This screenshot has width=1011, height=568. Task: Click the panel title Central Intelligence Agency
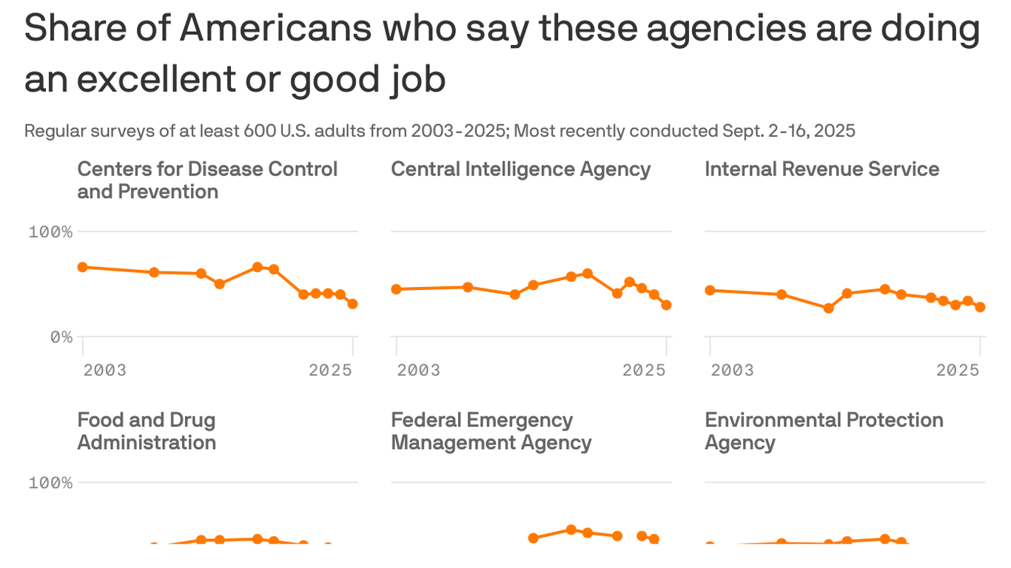(x=520, y=169)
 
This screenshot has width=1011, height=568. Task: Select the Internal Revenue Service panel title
(x=822, y=169)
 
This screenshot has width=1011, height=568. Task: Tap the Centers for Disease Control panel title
(x=207, y=180)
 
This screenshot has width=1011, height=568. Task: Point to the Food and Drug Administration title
(x=147, y=430)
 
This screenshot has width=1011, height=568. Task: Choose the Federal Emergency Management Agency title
(x=491, y=430)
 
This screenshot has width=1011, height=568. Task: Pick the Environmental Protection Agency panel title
(x=824, y=430)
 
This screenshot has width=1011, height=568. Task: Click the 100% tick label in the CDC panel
(x=51, y=232)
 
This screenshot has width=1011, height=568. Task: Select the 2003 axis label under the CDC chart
(x=104, y=370)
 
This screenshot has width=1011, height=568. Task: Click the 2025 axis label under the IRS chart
(x=958, y=370)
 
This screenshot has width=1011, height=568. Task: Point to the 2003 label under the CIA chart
(x=418, y=370)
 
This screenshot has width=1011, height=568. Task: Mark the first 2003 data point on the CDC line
(x=83, y=267)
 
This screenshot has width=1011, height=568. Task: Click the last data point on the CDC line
(x=352, y=304)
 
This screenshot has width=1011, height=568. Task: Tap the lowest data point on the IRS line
(x=828, y=308)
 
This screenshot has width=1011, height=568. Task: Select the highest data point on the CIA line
(x=588, y=274)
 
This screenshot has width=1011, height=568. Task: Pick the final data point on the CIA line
(x=666, y=305)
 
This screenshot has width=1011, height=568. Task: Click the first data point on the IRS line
(x=711, y=290)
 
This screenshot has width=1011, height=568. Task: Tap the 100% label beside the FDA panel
(x=51, y=483)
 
